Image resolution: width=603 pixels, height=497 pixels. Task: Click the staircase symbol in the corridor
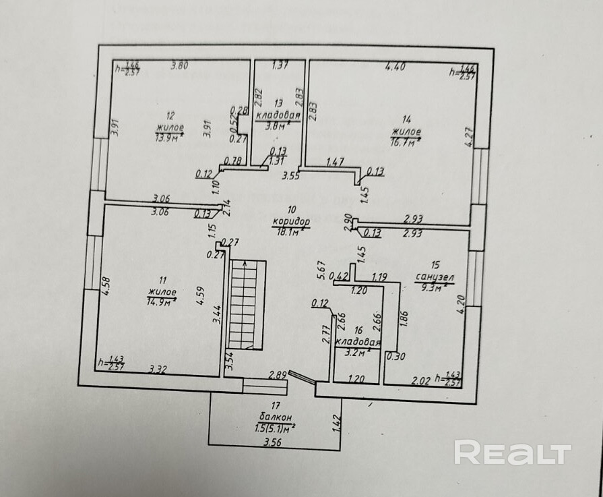[247, 304]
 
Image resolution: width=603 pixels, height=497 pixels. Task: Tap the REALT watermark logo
[512, 452]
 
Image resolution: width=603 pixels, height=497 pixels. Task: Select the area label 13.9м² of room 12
[169, 138]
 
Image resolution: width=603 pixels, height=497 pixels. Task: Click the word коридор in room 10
[291, 221]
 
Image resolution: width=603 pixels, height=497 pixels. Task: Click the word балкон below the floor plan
[275, 417]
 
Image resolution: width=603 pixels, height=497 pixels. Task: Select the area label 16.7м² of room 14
[405, 141]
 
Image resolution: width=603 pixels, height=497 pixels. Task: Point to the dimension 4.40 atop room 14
[395, 66]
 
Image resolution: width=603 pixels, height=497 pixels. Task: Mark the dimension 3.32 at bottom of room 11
[158, 369]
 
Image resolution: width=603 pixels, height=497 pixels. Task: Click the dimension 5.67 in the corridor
[323, 270]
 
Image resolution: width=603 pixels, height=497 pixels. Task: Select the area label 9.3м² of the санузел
[431, 287]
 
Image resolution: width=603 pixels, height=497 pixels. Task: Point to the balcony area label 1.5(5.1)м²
[275, 428]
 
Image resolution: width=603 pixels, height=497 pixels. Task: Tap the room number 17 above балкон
[274, 406]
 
